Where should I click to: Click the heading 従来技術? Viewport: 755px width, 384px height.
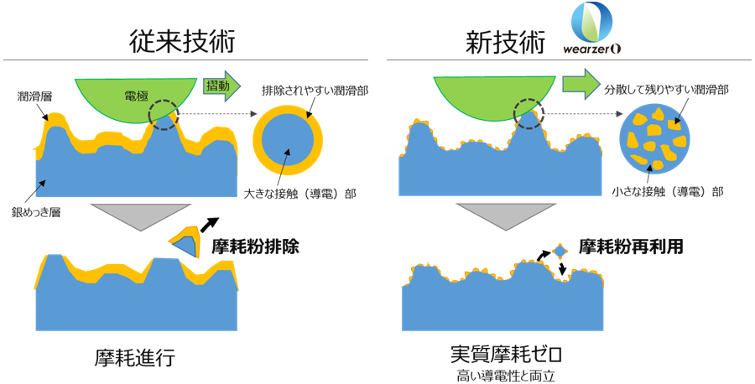pyautogui.click(x=182, y=40)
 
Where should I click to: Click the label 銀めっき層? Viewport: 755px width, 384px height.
pyautogui.click(x=35, y=212)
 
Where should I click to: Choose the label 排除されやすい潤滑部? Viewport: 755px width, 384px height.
pyautogui.click(x=315, y=91)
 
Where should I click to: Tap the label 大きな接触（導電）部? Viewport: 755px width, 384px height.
pyautogui.click(x=300, y=194)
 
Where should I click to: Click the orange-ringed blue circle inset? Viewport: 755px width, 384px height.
pyautogui.click(x=258, y=142)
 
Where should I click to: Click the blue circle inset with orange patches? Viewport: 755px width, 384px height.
pyautogui.click(x=655, y=141)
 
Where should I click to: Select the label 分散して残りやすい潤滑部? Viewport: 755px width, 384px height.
pyautogui.click(x=666, y=90)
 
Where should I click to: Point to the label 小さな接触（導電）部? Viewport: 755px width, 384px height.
pyautogui.click(x=668, y=191)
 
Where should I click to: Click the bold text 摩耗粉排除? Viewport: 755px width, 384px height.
pyautogui.click(x=256, y=246)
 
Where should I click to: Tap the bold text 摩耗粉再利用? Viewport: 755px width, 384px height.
pyautogui.click(x=631, y=246)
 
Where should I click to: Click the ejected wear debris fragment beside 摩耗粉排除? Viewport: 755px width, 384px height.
pyautogui.click(x=185, y=243)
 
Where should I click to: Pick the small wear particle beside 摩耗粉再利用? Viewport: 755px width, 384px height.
pyautogui.click(x=560, y=252)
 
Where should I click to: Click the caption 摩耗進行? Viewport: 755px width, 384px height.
pyautogui.click(x=135, y=358)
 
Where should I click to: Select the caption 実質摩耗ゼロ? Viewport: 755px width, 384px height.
pyautogui.click(x=507, y=355)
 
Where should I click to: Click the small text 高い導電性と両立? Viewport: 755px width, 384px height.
pyautogui.click(x=506, y=376)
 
